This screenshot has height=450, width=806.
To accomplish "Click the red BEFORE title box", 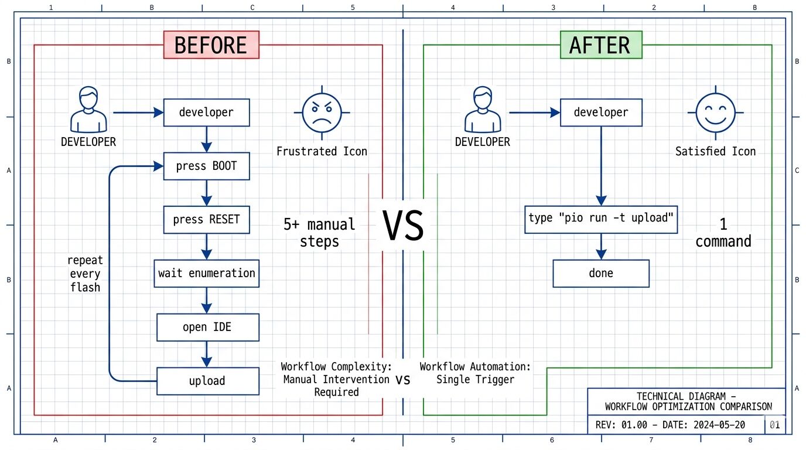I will click(x=211, y=45).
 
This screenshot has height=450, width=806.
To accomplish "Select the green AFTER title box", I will click(x=600, y=45).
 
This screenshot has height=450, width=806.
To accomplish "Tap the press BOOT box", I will click(x=206, y=166).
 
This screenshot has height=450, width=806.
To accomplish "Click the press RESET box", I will click(x=206, y=220).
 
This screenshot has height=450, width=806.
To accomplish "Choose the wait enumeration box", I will click(x=206, y=273).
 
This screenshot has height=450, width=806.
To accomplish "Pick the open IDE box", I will click(x=207, y=327).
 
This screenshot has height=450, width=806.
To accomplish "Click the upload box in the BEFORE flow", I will click(x=207, y=381).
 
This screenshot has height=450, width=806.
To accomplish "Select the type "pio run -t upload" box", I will click(x=601, y=219).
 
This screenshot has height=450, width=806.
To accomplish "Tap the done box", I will click(x=601, y=273).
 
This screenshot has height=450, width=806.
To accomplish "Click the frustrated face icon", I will click(x=322, y=112).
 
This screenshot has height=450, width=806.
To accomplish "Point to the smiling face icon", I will click(x=715, y=112).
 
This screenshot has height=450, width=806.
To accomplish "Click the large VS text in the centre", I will click(x=403, y=227).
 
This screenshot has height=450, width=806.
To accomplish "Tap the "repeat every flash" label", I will click(x=85, y=274).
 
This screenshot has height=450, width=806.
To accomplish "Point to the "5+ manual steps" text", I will click(x=319, y=233).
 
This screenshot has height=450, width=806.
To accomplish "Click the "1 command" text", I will click(x=723, y=233).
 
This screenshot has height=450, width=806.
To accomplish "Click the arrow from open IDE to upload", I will click(x=206, y=354).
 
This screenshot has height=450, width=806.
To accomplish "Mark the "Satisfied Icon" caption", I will click(x=715, y=152).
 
